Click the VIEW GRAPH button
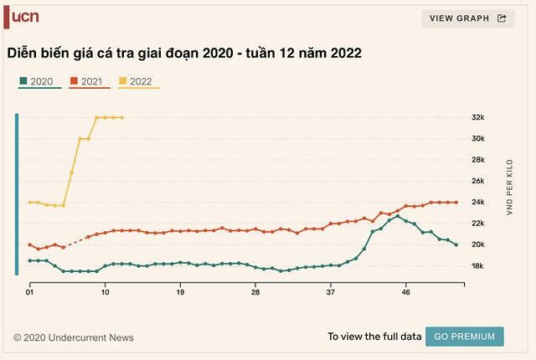[467, 18]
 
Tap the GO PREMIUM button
[464, 337]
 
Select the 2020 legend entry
[39, 81]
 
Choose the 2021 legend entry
[90, 81]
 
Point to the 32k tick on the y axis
[479, 117]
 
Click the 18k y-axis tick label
[479, 266]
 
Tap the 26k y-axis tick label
[479, 181]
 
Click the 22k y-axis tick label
[479, 224]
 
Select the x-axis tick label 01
[29, 292]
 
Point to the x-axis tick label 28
[255, 292]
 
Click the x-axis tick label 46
[406, 292]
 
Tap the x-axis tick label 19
[180, 292]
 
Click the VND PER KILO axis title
[508, 193]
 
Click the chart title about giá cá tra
[184, 53]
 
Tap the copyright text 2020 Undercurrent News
[73, 338]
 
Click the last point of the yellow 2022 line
[122, 117]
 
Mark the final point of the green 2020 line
[456, 244]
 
